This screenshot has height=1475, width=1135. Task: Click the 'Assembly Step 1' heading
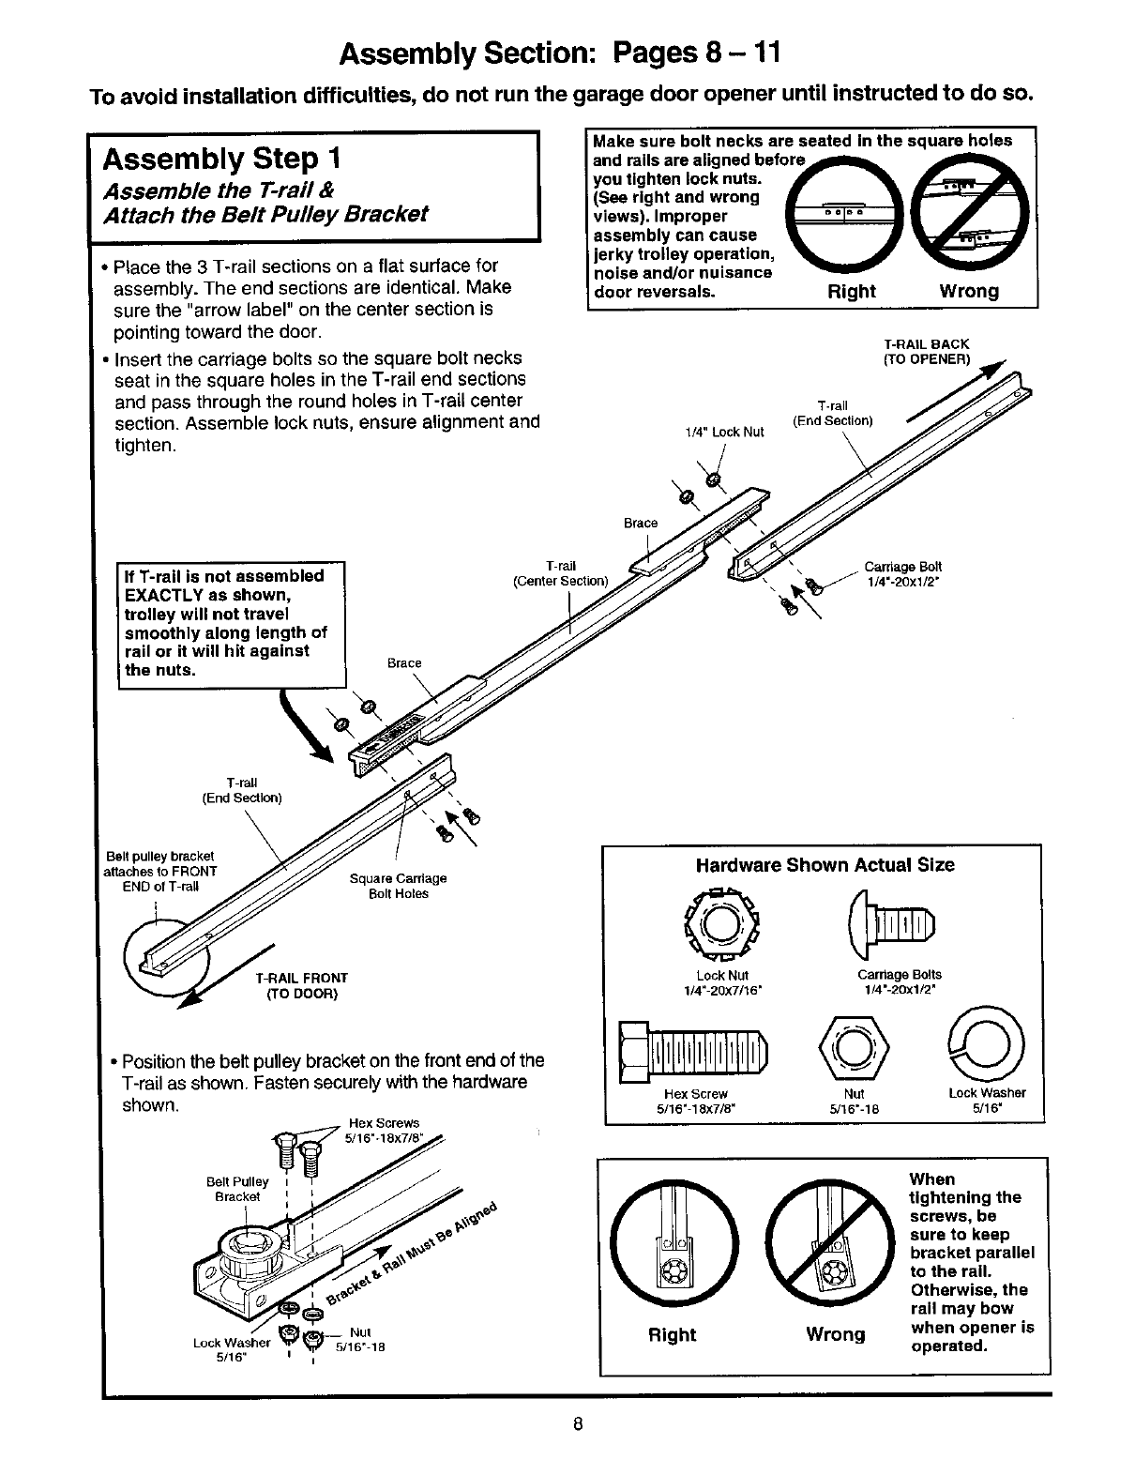[x=222, y=157]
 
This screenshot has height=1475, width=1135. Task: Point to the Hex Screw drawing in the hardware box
[x=692, y=1050]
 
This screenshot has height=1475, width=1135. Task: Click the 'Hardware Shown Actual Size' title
[x=825, y=865]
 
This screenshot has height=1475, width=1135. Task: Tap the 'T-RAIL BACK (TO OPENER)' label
[x=927, y=351]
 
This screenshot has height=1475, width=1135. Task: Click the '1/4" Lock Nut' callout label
[x=725, y=432]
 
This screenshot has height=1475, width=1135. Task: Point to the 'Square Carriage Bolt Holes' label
[x=398, y=886]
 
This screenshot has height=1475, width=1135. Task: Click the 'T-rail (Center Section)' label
[x=561, y=573]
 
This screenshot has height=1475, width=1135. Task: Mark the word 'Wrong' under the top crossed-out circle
[x=969, y=291]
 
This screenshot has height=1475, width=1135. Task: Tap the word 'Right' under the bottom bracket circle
[x=672, y=1334]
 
